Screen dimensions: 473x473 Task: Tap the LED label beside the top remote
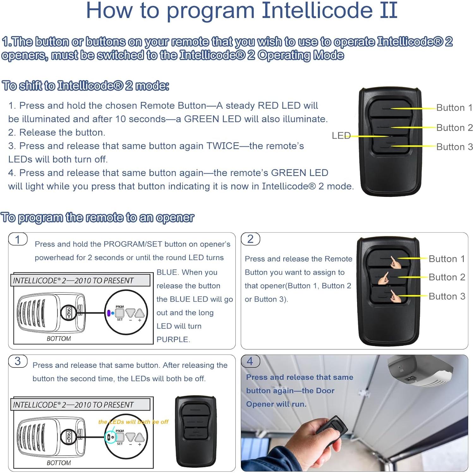point(341,136)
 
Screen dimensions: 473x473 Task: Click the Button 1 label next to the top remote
point(454,108)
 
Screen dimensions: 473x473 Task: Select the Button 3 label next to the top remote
point(454,147)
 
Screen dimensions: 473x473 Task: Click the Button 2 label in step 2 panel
point(447,277)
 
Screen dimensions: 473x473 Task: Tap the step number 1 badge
point(18,239)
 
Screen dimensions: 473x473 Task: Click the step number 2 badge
point(250,239)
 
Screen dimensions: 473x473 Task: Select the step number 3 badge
point(18,361)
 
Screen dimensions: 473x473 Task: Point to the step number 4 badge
point(250,361)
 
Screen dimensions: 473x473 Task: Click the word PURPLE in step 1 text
point(173,339)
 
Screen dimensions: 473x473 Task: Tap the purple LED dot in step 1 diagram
point(109,313)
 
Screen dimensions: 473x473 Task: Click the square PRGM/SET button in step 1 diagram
point(120,313)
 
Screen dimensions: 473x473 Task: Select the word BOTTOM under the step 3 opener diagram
point(59,463)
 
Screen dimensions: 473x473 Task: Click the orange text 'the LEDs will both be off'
point(133,422)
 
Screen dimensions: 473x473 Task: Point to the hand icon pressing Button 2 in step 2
point(384,278)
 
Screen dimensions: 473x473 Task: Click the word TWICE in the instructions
point(223,146)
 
